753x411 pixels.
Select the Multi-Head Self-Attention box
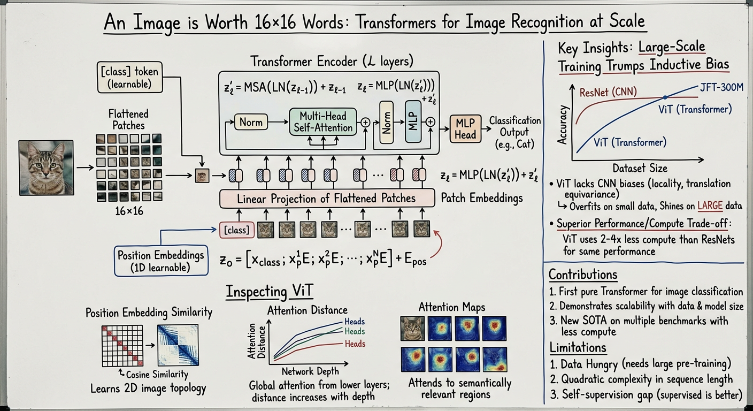coord(322,122)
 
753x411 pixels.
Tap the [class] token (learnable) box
coord(129,77)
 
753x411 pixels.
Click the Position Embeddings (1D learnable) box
coord(161,261)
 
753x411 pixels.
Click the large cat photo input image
coord(46,168)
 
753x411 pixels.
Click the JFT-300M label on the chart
coord(722,88)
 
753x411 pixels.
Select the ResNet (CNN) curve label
coord(608,92)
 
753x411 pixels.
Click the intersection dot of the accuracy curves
coord(665,97)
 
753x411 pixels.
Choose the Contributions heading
coord(583,275)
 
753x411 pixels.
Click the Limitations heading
coord(578,348)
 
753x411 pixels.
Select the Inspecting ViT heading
coord(268,292)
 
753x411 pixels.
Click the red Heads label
coord(355,344)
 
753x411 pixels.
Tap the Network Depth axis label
coord(310,371)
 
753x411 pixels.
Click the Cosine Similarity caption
coord(156,375)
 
